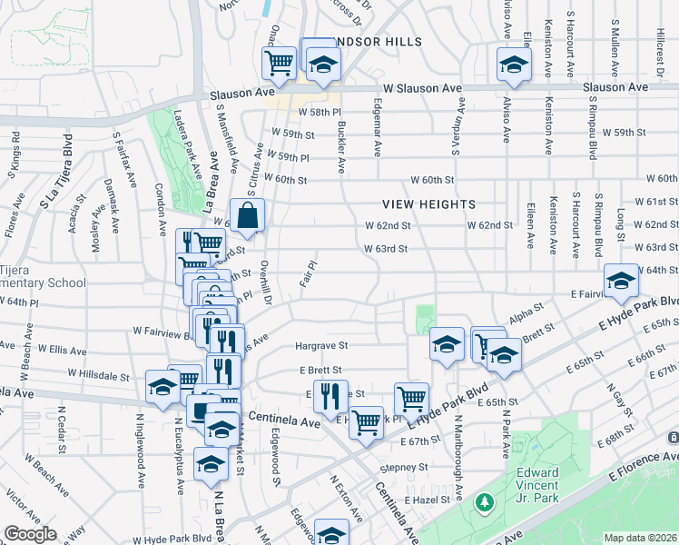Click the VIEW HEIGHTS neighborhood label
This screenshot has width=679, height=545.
tap(428, 204)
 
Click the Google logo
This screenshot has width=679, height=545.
tap(31, 534)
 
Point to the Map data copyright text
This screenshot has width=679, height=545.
tap(640, 538)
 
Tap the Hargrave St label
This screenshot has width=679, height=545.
tap(321, 346)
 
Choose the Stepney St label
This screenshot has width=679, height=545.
tap(403, 467)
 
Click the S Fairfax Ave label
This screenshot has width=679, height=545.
tap(117, 160)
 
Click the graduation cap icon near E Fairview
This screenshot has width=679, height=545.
tap(621, 281)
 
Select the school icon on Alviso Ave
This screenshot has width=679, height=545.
tap(513, 64)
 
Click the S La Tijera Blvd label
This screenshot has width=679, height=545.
tap(54, 173)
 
